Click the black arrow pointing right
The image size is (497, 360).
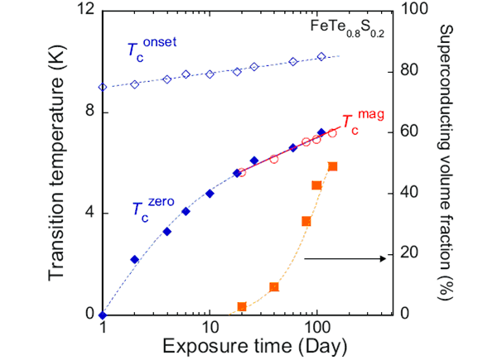(x=344, y=259)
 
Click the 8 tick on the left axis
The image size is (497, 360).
(x=89, y=112)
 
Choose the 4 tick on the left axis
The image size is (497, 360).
(x=89, y=213)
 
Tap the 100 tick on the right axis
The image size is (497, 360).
(x=408, y=10)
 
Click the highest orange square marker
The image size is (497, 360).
(x=333, y=166)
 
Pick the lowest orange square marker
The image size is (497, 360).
(x=242, y=307)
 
